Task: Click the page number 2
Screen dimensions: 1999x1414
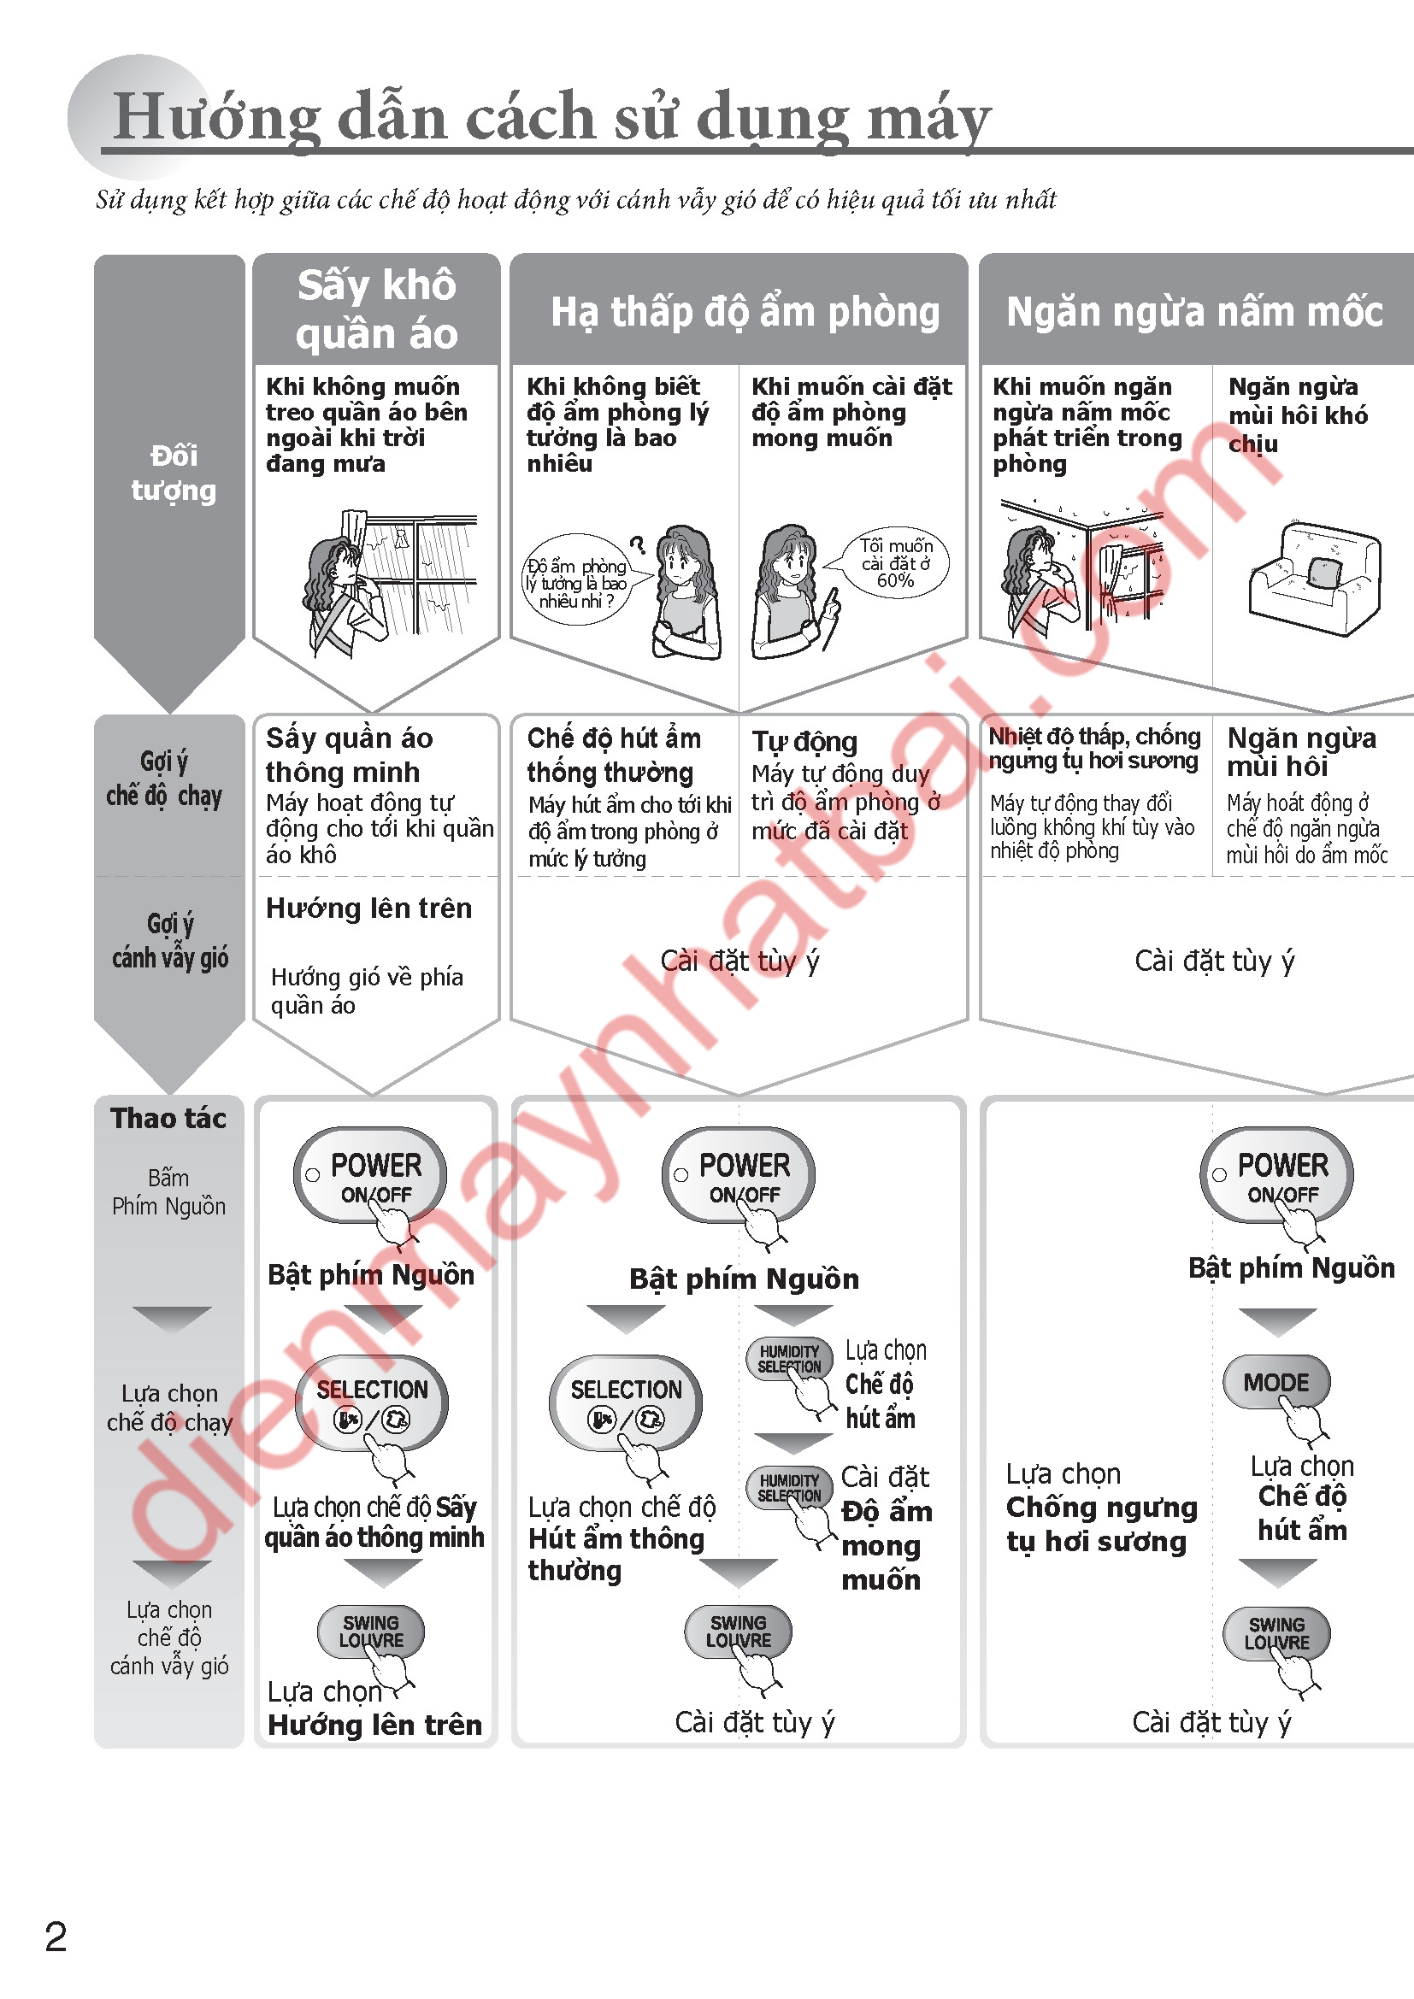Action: click(x=56, y=1937)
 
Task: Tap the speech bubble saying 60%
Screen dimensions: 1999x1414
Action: click(x=895, y=562)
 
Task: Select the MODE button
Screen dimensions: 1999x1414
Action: click(x=1276, y=1383)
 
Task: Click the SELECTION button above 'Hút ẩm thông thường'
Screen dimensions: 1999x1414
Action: click(x=625, y=1401)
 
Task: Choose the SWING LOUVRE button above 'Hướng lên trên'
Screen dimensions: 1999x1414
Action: click(x=371, y=1631)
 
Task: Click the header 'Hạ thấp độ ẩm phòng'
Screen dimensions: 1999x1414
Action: click(x=745, y=312)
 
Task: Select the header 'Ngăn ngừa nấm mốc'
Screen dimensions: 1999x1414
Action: click(x=1193, y=312)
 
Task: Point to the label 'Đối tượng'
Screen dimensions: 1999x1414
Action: click(x=173, y=473)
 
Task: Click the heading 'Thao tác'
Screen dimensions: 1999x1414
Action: click(x=168, y=1118)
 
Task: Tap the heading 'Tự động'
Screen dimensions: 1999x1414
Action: click(x=804, y=742)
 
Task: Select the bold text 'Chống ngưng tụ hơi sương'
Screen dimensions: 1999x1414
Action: click(x=1100, y=1524)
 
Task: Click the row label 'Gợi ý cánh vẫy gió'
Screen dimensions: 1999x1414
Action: click(x=169, y=940)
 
